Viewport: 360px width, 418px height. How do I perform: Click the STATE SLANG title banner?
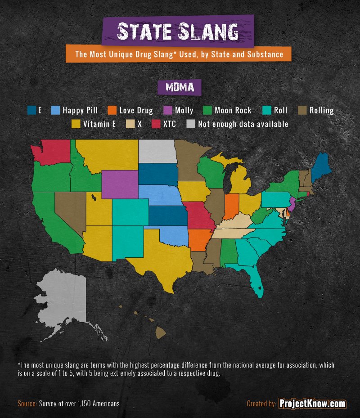coord(178,32)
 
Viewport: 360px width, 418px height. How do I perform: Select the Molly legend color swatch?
coord(166,110)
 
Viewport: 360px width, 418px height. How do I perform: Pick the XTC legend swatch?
coord(156,124)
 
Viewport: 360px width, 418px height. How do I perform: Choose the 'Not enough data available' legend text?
coord(243,124)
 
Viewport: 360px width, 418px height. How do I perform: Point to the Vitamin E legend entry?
coord(94,124)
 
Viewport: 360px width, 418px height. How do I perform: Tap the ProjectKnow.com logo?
coord(312,404)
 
